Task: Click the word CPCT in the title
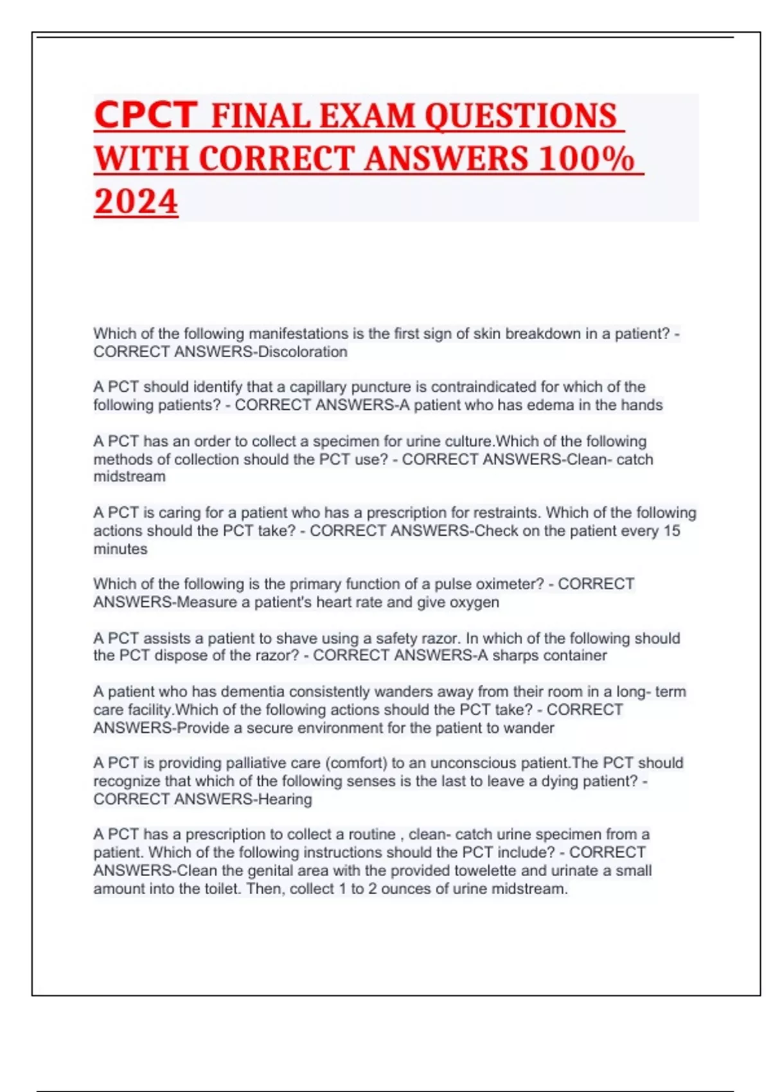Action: pos(145,115)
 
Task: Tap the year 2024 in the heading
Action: pos(136,202)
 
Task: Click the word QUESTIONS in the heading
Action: pos(520,116)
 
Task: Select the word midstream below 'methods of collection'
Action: pos(129,477)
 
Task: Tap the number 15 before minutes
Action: pos(671,531)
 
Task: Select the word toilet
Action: pos(220,889)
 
